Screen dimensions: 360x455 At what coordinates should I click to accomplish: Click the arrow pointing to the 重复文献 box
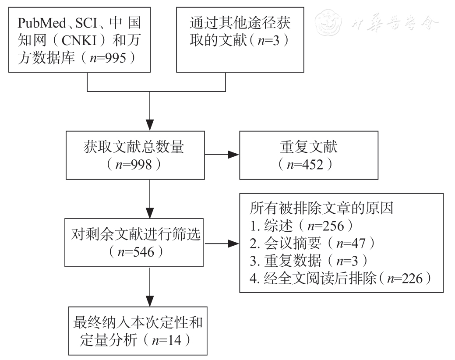(228, 154)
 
